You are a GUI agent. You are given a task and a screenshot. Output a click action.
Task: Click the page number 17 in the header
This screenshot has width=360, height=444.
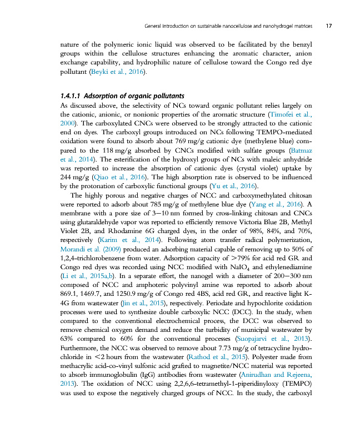329,26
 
